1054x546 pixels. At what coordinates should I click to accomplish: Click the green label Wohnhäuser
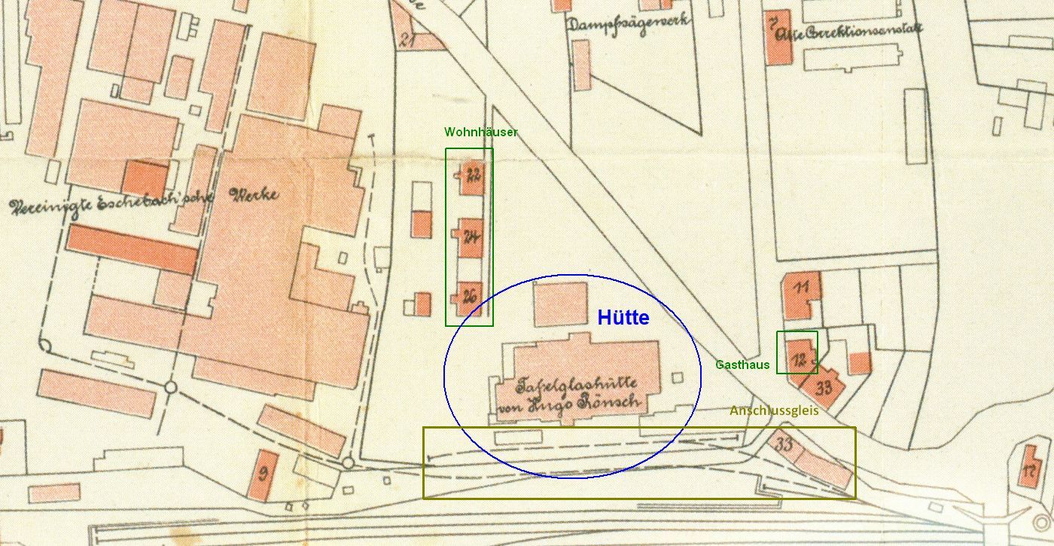click(480, 132)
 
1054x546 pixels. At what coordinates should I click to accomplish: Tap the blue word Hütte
click(623, 318)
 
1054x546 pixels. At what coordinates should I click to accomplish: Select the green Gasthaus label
click(742, 365)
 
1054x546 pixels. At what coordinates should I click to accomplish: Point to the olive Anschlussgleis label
click(773, 411)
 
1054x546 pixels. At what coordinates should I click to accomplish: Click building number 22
click(473, 177)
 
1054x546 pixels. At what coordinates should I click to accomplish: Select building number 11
click(801, 288)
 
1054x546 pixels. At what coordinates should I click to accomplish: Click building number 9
click(263, 474)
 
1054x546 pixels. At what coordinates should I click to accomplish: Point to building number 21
click(408, 41)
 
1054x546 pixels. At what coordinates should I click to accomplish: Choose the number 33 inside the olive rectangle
click(784, 444)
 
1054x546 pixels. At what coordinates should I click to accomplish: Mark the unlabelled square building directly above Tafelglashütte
click(560, 304)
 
